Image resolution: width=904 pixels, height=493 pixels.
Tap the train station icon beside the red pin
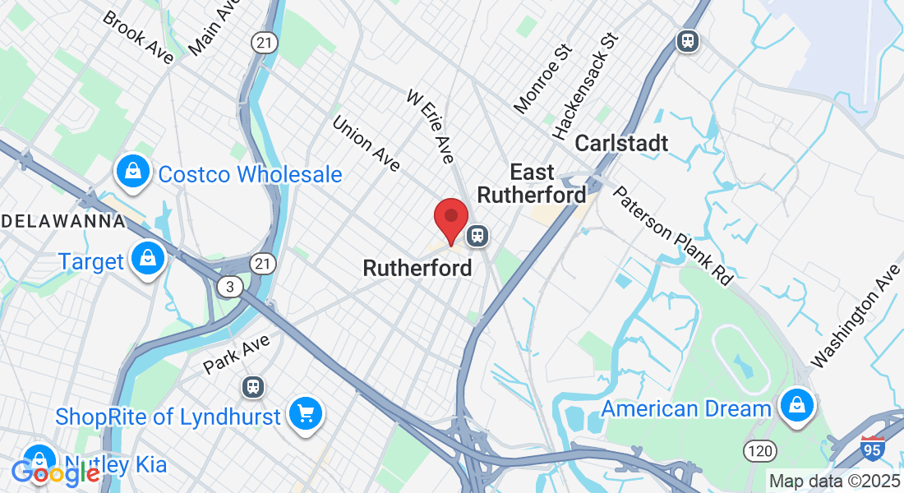[x=477, y=237]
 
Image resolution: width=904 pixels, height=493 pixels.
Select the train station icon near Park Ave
[x=252, y=386]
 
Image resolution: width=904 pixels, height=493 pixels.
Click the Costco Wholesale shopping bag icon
[x=131, y=172]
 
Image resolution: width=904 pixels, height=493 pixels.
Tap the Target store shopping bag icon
[x=147, y=259]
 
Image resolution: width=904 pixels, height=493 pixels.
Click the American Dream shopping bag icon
[x=796, y=405]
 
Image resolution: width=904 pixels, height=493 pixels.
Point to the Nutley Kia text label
[x=116, y=465]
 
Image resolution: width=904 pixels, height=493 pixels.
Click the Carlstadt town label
[x=621, y=143]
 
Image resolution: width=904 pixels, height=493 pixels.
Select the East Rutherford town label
[x=532, y=183]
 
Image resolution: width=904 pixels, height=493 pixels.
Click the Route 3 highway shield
[x=228, y=286]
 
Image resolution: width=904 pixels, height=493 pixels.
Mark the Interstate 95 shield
[x=873, y=448]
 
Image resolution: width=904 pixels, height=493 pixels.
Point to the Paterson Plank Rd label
[x=673, y=235]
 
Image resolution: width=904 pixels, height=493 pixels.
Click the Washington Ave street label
[x=856, y=316]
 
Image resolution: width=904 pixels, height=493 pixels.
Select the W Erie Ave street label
[x=430, y=127]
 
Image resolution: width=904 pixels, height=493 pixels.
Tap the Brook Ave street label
[x=138, y=37]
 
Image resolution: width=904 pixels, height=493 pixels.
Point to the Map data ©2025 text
[x=835, y=481]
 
